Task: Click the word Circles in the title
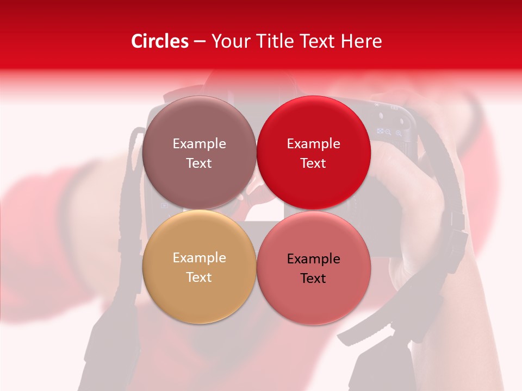click(160, 41)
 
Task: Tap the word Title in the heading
click(276, 41)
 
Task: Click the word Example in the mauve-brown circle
click(199, 144)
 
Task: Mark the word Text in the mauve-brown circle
click(199, 163)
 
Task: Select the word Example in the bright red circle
click(314, 144)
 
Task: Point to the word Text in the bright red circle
click(314, 163)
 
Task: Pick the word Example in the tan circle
click(199, 258)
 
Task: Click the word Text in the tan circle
click(199, 277)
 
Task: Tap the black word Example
click(314, 259)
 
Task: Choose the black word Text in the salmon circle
click(314, 278)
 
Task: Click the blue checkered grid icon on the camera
click(380, 131)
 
